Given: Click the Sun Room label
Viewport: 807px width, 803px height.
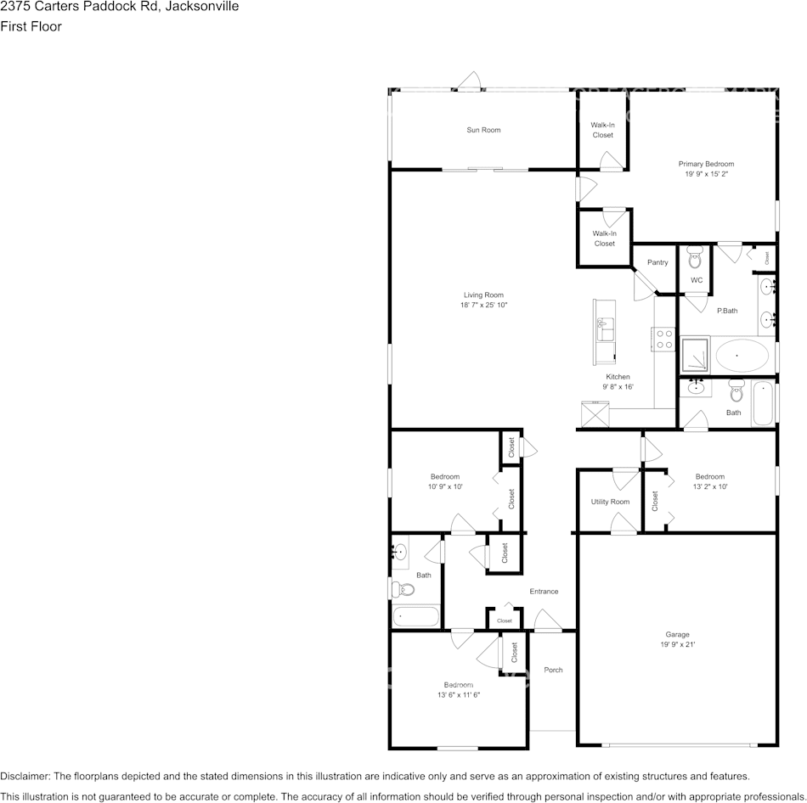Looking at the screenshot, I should [483, 130].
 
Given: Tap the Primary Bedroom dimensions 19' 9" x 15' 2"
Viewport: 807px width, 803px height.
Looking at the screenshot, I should [706, 174].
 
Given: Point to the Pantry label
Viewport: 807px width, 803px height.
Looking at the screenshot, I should [657, 262].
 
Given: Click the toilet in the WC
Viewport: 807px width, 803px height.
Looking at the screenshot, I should [695, 256].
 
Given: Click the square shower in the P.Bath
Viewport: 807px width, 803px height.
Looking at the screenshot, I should [695, 355].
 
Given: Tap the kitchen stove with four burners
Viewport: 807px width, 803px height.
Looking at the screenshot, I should [663, 340].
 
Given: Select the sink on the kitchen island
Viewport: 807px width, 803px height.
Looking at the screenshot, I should [605, 325].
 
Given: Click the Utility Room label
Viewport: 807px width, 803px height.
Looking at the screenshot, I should [610, 502].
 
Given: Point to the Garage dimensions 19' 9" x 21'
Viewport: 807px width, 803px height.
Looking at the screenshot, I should [677, 644].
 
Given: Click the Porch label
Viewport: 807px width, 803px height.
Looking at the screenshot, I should [553, 670].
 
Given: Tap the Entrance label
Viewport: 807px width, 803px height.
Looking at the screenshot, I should [544, 592].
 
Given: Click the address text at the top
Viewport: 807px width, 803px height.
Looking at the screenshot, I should [119, 7].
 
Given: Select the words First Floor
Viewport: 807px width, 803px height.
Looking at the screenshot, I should [31, 26].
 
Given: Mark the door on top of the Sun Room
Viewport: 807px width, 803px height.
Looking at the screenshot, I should [469, 82].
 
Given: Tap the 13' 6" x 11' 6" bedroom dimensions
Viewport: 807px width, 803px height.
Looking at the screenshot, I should [459, 695].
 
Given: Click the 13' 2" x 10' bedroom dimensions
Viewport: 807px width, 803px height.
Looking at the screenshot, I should [710, 487].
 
